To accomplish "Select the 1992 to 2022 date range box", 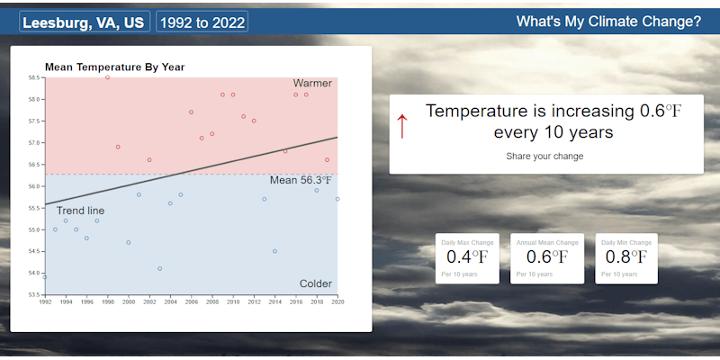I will click(202, 22).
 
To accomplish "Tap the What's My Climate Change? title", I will click(608, 22).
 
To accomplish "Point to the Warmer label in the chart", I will click(312, 84).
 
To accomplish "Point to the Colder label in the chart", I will click(315, 283).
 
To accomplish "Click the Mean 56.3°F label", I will click(301, 180).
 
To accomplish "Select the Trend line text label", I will click(81, 211).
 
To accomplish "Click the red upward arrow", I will click(402, 126).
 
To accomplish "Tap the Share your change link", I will click(544, 157).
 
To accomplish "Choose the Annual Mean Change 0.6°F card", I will click(547, 258).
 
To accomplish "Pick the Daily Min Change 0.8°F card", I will click(626, 258).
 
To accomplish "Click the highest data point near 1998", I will click(107, 77).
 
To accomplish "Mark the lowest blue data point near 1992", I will click(45, 276).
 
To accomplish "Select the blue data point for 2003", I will click(159, 268).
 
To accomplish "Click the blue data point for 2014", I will click(274, 251).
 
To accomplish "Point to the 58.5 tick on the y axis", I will click(34, 77).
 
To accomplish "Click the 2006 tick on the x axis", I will click(191, 302).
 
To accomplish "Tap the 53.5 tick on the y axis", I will click(34, 294).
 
